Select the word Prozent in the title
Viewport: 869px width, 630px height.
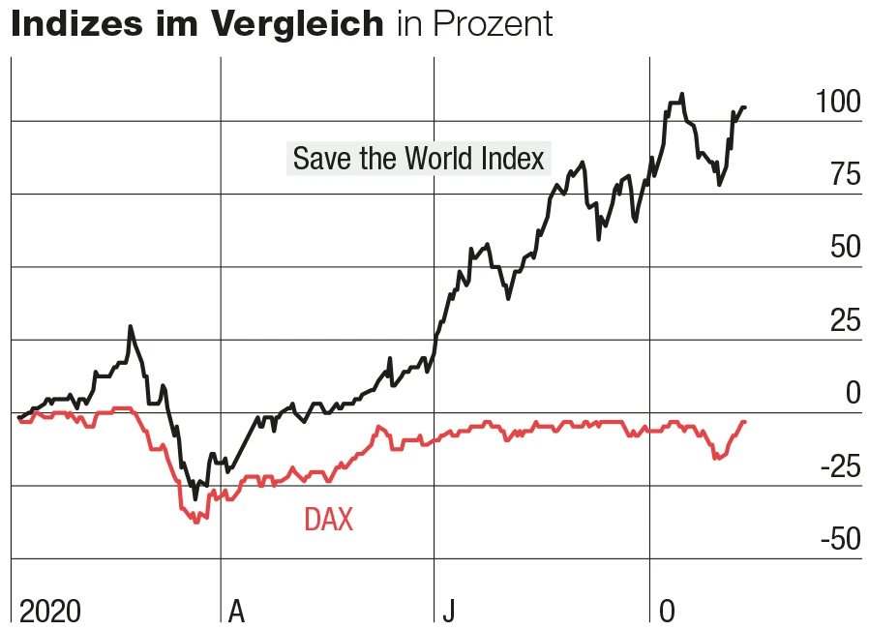(x=494, y=24)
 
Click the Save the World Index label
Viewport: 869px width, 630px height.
(x=418, y=158)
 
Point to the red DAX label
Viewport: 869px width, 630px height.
(x=328, y=520)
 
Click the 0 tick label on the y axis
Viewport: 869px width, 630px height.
(x=852, y=393)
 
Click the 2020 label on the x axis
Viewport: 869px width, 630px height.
(x=50, y=611)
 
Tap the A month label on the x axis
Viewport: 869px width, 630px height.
(x=236, y=611)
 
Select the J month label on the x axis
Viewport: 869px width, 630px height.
(x=448, y=611)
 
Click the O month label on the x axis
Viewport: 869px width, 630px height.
(x=666, y=611)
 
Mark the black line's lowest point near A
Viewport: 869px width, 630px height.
(x=195, y=498)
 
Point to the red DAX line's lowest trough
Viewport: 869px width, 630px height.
(x=196, y=522)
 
